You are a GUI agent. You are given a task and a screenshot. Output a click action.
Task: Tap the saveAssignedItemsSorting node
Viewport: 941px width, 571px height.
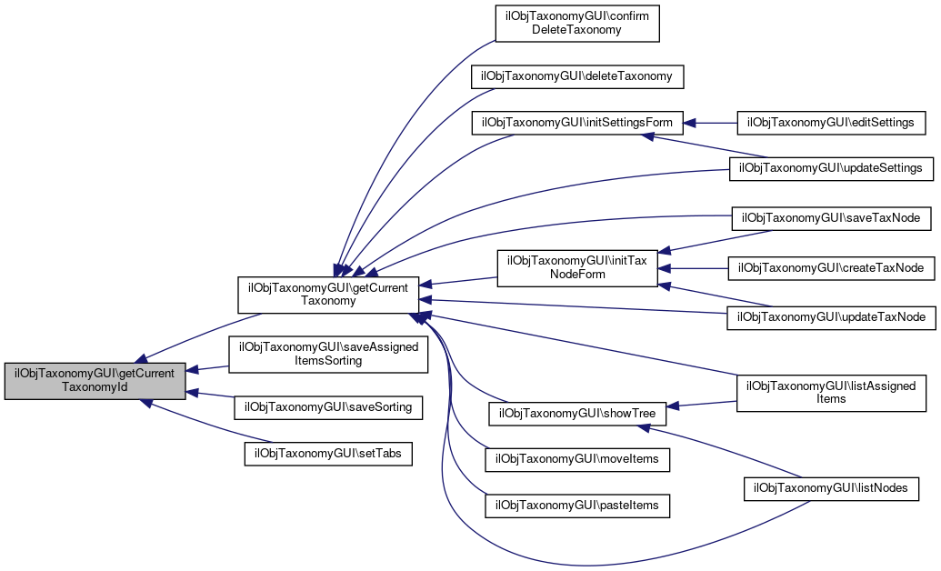point(327,354)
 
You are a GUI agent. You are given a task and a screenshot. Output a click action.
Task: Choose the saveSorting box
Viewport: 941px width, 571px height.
point(328,407)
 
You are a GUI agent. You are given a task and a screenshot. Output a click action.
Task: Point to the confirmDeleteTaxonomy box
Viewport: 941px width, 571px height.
point(576,23)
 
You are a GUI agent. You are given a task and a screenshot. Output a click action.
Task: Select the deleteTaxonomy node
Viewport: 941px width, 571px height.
point(576,75)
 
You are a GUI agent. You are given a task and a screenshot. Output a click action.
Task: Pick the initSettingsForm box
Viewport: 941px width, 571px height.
point(576,122)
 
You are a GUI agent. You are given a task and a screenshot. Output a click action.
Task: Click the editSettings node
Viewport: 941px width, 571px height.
point(831,122)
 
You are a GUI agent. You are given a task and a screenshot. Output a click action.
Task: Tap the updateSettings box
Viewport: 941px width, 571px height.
point(831,168)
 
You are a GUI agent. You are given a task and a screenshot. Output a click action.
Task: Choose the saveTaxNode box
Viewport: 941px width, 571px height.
point(831,218)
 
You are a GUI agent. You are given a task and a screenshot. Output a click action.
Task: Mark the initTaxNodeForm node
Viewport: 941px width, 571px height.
point(576,268)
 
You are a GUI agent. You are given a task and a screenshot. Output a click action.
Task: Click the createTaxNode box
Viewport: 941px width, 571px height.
point(831,268)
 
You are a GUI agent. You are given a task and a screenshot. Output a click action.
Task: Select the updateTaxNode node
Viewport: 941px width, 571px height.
point(831,316)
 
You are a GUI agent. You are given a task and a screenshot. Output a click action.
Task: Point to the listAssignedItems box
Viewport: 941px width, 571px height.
point(831,392)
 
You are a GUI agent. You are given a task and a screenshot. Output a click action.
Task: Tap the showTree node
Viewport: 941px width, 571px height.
point(576,413)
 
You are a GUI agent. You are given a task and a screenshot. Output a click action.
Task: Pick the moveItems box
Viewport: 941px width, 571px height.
point(576,460)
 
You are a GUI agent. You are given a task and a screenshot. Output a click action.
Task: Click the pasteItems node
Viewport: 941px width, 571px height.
point(576,505)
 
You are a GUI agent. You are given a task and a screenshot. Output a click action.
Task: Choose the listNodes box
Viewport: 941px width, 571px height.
point(831,488)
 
